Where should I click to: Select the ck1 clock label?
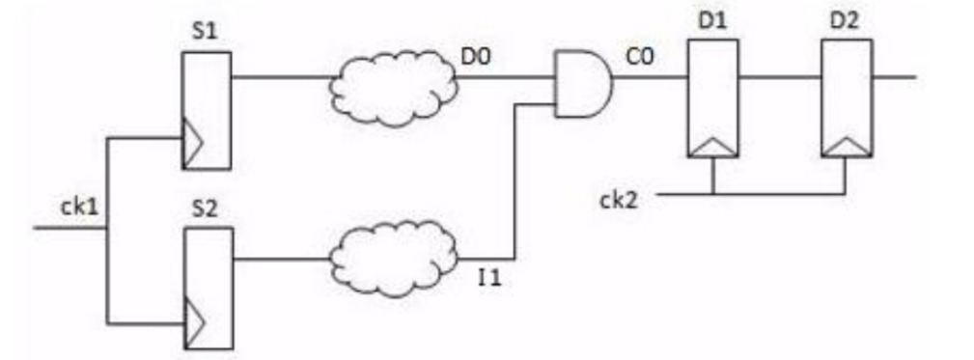tap(78, 207)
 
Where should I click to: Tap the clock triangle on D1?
tap(711, 147)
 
